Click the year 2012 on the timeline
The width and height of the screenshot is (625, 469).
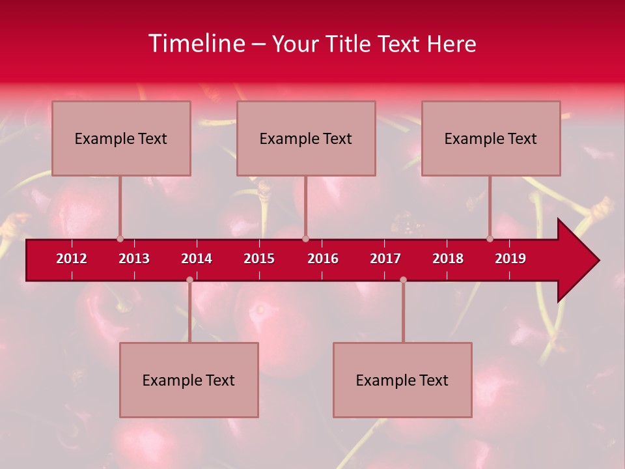(x=72, y=259)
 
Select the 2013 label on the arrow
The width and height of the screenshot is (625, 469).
(x=134, y=259)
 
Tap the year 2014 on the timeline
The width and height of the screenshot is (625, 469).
(x=197, y=259)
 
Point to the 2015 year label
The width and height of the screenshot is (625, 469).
(x=259, y=259)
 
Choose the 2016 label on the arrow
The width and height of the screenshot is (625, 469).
(x=323, y=259)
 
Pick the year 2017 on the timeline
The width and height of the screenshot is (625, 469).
(x=385, y=259)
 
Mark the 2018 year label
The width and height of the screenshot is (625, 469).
(x=448, y=259)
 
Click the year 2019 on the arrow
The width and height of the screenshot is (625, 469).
(x=510, y=259)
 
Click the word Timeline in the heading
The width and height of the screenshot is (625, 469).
(x=195, y=44)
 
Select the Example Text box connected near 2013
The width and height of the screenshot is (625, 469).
(x=121, y=138)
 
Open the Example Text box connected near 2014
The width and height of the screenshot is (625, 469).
(x=189, y=380)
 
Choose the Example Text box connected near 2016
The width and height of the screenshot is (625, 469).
(x=306, y=138)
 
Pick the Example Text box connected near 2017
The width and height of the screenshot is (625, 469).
(x=402, y=380)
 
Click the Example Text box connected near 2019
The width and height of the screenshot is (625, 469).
(x=491, y=138)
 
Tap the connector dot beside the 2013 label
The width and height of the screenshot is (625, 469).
(x=120, y=238)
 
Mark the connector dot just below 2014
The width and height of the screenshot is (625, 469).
(x=189, y=280)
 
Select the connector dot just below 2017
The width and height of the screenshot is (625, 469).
(x=403, y=280)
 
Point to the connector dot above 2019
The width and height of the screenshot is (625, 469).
(x=490, y=238)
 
